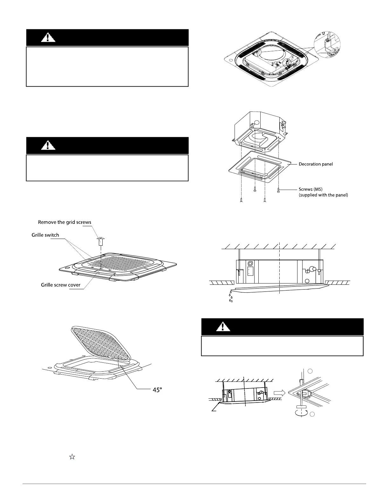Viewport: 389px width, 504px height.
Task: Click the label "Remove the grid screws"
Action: [x=65, y=222]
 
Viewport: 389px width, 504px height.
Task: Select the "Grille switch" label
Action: [x=45, y=235]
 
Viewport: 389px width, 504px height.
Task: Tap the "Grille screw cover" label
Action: [x=61, y=285]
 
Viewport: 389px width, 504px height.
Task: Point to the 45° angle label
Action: [x=157, y=390]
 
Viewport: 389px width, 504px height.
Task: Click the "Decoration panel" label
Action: [x=316, y=164]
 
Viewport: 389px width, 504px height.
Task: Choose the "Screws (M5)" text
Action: [x=311, y=189]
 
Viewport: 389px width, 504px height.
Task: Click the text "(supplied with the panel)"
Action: [x=323, y=195]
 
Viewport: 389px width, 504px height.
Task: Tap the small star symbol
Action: [x=72, y=457]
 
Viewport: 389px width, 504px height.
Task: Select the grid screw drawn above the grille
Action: [x=100, y=241]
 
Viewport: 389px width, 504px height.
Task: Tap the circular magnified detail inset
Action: [x=327, y=45]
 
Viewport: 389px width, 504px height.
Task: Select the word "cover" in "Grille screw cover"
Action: [x=74, y=285]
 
